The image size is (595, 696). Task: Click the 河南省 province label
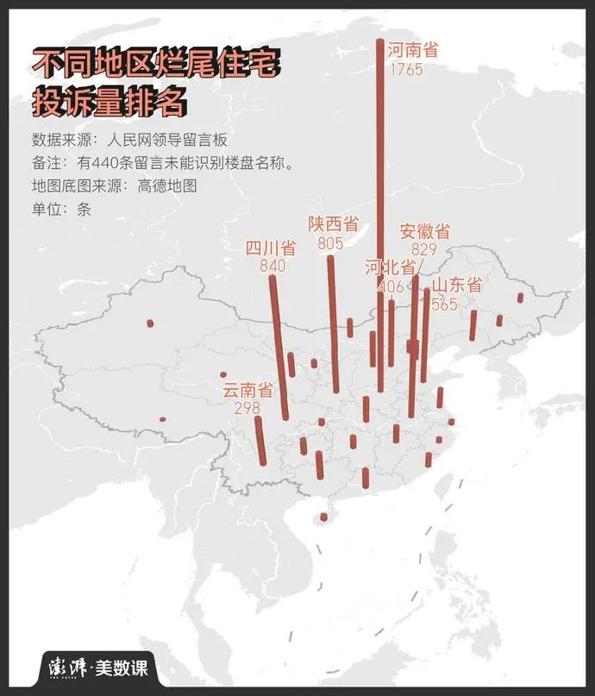pyautogui.click(x=412, y=50)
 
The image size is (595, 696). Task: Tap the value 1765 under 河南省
pyautogui.click(x=406, y=69)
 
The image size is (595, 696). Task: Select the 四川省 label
pyautogui.click(x=271, y=248)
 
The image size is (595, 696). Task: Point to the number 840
pyautogui.click(x=272, y=266)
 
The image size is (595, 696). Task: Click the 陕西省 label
pyautogui.click(x=333, y=224)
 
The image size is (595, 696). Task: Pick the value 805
pyautogui.click(x=330, y=243)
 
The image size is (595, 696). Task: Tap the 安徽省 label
pyautogui.click(x=424, y=231)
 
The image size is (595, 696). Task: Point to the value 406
pyautogui.click(x=391, y=285)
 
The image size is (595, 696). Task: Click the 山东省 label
pyautogui.click(x=456, y=285)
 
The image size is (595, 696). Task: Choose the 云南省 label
pyautogui.click(x=247, y=390)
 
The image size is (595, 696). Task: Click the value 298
pyautogui.click(x=247, y=408)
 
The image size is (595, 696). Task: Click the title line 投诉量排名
pyautogui.click(x=109, y=102)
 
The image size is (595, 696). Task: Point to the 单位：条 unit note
pyautogui.click(x=61, y=208)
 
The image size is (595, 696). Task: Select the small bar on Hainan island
pyautogui.click(x=324, y=517)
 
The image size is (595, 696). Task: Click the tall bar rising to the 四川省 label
pyautogui.click(x=278, y=345)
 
